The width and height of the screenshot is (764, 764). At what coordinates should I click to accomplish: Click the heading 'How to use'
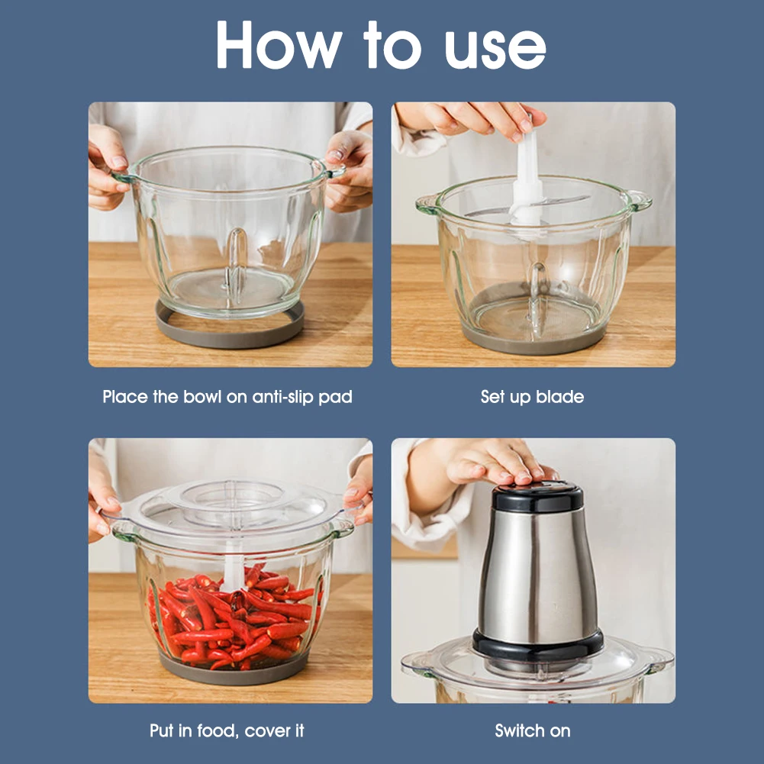(381, 45)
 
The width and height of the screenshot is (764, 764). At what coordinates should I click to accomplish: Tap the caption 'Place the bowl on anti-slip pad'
(227, 397)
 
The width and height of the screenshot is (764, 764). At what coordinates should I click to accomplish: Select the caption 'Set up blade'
(532, 397)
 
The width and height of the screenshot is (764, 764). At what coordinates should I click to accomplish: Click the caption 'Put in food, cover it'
(227, 731)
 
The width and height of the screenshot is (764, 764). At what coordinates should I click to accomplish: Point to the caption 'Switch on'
(533, 731)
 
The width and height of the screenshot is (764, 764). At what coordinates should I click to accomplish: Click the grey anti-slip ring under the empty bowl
(230, 335)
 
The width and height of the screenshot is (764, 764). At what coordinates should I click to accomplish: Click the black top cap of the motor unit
(538, 497)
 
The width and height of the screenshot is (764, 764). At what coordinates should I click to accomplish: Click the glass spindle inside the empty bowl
(237, 263)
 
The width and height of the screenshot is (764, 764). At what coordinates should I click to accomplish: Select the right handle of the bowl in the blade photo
(640, 201)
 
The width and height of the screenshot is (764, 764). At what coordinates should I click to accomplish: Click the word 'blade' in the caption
(559, 397)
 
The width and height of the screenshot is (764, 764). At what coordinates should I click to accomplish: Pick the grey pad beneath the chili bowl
(234, 672)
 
